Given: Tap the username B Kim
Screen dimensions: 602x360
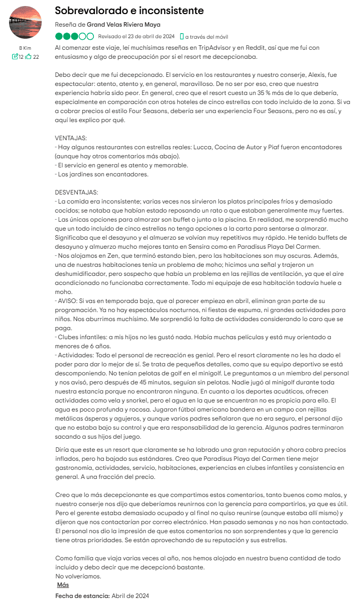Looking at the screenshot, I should pos(25,48).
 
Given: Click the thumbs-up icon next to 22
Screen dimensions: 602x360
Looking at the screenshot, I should pos(29,57).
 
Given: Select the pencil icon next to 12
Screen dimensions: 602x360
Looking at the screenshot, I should pos(15,57).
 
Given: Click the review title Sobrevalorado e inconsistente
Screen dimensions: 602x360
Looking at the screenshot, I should pos(129,11).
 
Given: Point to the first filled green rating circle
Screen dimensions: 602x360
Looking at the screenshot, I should pos(59,36).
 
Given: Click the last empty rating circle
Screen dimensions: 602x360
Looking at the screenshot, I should pos(90,36).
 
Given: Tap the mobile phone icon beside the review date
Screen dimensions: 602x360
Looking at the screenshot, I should pos(182,36).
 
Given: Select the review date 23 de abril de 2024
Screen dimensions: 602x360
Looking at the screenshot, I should pos(151,36).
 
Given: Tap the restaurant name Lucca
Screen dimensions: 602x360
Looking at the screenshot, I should pos(221,147).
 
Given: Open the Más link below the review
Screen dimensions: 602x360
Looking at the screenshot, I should pos(63,584).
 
